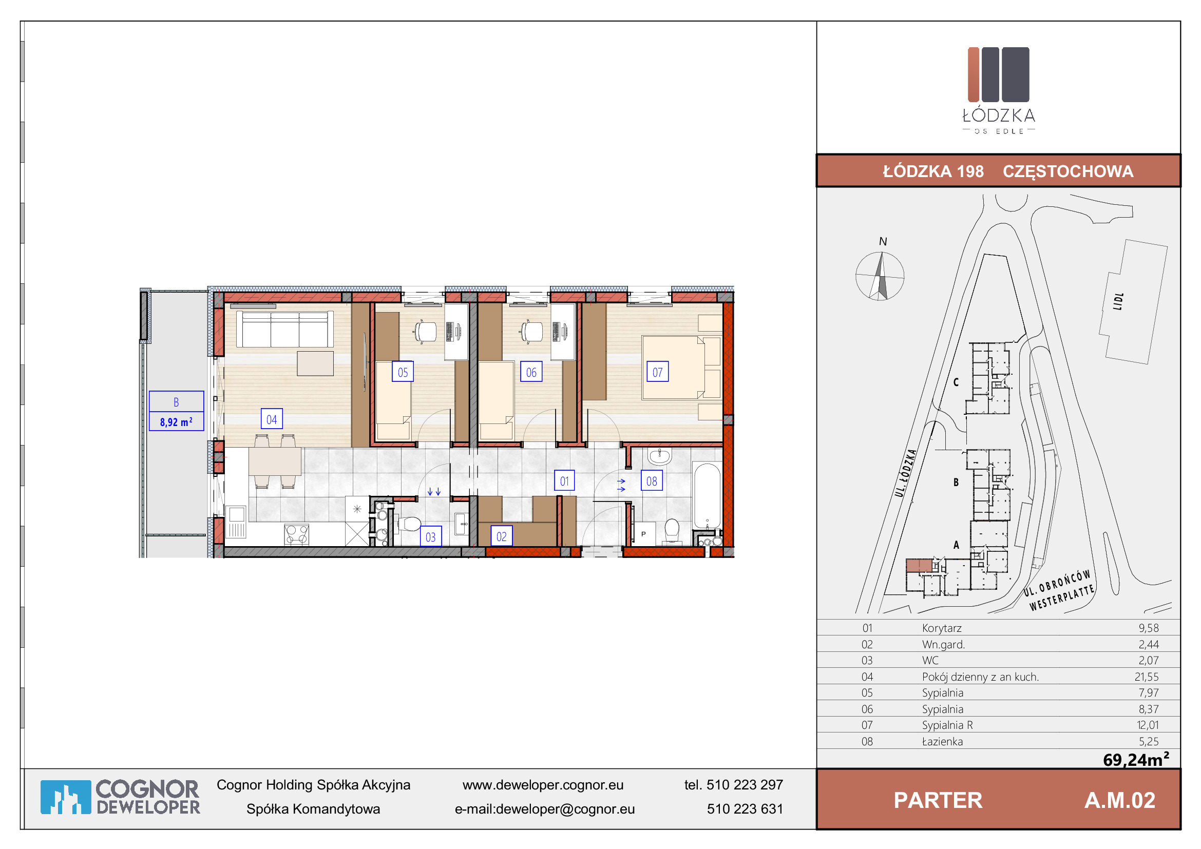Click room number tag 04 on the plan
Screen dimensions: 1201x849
coord(272,419)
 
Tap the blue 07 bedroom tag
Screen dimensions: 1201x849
coord(658,372)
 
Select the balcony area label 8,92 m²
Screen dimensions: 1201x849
coord(176,421)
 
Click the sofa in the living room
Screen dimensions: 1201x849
coord(284,329)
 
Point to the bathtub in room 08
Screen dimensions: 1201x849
coord(707,496)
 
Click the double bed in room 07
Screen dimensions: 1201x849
coord(681,368)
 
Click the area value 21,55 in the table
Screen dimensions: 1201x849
coord(1147,677)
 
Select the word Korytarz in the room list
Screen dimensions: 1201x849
coord(942,628)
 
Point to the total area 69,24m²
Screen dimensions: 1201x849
coord(1136,759)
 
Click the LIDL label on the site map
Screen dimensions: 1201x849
coord(1118,301)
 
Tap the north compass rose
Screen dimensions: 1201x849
coord(880,276)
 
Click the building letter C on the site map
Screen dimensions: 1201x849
coord(956,382)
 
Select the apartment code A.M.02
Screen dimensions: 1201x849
coord(1119,800)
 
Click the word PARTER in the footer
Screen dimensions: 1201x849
coord(938,800)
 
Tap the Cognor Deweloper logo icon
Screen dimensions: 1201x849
coord(66,797)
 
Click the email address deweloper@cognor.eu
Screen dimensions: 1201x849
coord(565,809)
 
